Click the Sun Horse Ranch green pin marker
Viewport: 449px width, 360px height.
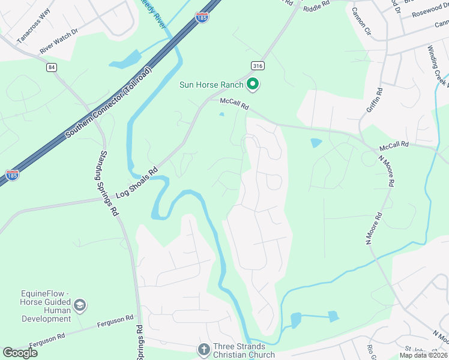[253, 85]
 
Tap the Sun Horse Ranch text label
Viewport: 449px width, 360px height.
[211, 85]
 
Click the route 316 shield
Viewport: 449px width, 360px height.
[257, 65]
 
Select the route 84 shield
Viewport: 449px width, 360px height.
[51, 67]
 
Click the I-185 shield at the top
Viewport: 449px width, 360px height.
[202, 18]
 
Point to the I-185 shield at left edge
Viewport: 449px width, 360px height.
[11, 175]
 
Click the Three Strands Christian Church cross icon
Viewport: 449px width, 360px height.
[203, 349]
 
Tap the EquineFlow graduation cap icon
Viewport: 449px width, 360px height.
[80, 306]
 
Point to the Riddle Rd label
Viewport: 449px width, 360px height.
[317, 7]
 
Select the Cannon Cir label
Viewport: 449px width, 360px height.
[364, 26]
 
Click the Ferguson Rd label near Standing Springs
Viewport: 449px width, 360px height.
[115, 323]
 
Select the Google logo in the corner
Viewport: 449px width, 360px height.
[20, 353]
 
